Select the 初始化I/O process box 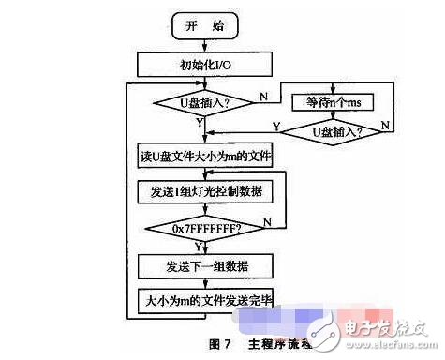(x=203, y=65)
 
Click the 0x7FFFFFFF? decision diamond (x=204, y=226)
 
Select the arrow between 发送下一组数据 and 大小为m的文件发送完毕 (x=203, y=281)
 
